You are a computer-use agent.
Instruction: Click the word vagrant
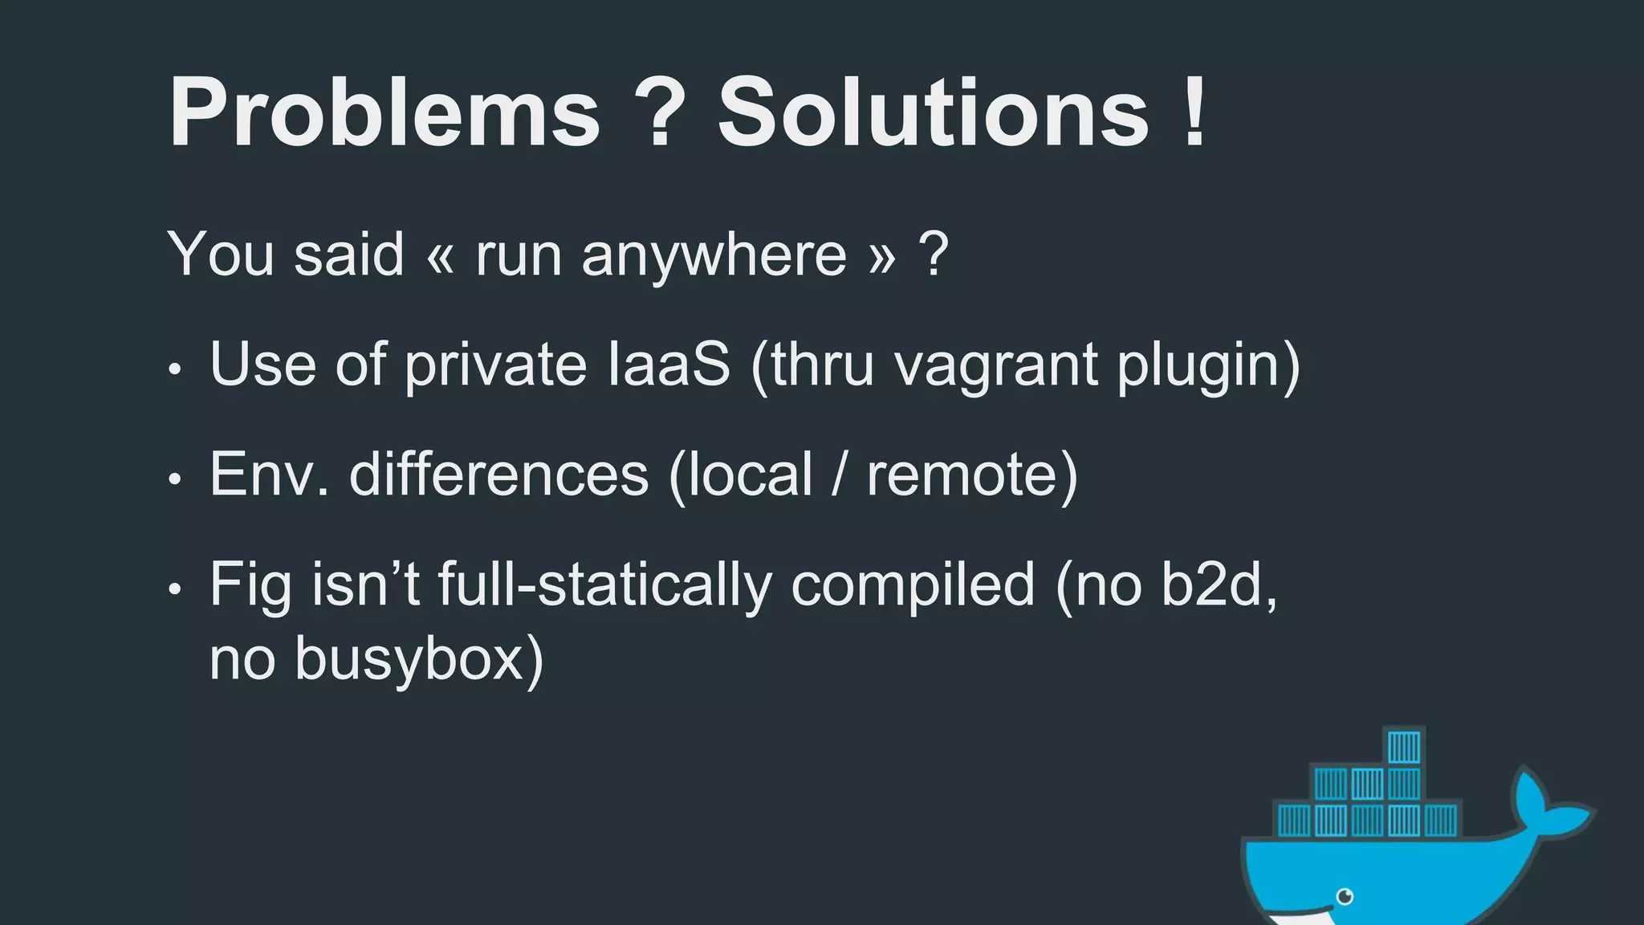[995, 366]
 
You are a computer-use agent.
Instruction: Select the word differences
[498, 474]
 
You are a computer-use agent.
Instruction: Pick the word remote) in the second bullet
[971, 474]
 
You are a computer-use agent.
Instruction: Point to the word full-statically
[604, 585]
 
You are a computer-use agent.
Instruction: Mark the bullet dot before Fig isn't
[175, 590]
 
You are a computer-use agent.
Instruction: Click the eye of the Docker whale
[1345, 896]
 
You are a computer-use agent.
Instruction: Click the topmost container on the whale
[1404, 748]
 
